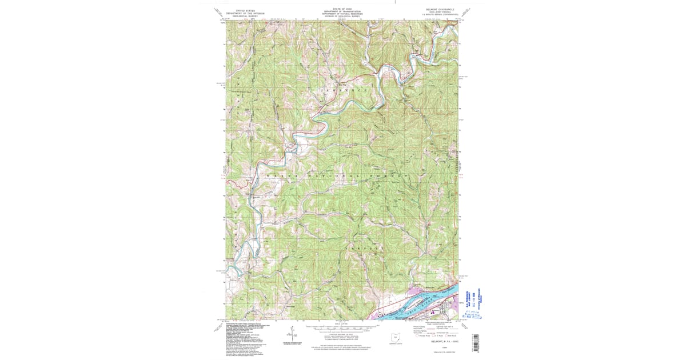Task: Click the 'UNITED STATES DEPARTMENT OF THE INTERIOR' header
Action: coord(242,13)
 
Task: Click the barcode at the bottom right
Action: coord(474,342)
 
